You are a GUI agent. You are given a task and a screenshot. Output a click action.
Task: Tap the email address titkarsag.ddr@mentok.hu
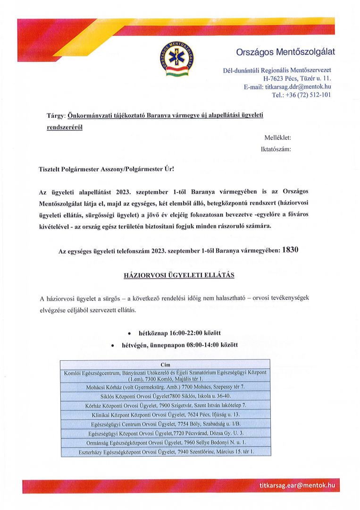coord(287,87)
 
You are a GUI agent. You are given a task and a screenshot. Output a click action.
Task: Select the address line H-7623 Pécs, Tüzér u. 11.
coord(297,78)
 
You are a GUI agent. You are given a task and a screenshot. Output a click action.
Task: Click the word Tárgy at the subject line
coord(56,116)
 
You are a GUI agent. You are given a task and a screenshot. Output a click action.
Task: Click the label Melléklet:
coord(278,137)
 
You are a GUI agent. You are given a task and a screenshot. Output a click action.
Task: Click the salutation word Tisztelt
coord(51,169)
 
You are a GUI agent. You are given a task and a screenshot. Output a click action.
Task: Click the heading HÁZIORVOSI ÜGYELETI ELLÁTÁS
coord(179,275)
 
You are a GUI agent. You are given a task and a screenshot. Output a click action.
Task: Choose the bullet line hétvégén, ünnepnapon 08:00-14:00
coord(180,345)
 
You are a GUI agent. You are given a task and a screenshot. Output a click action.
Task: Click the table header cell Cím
coord(165,365)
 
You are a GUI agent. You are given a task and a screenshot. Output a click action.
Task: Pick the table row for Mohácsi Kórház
coord(165,387)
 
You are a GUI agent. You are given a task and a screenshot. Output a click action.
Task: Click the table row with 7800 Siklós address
coord(165,396)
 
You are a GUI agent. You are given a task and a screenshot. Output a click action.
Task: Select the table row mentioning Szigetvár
coord(165,405)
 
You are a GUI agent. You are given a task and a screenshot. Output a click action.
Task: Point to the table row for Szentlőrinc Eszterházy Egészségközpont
coord(165,452)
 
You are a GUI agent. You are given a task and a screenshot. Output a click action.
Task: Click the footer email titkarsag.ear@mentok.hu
coord(297,485)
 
